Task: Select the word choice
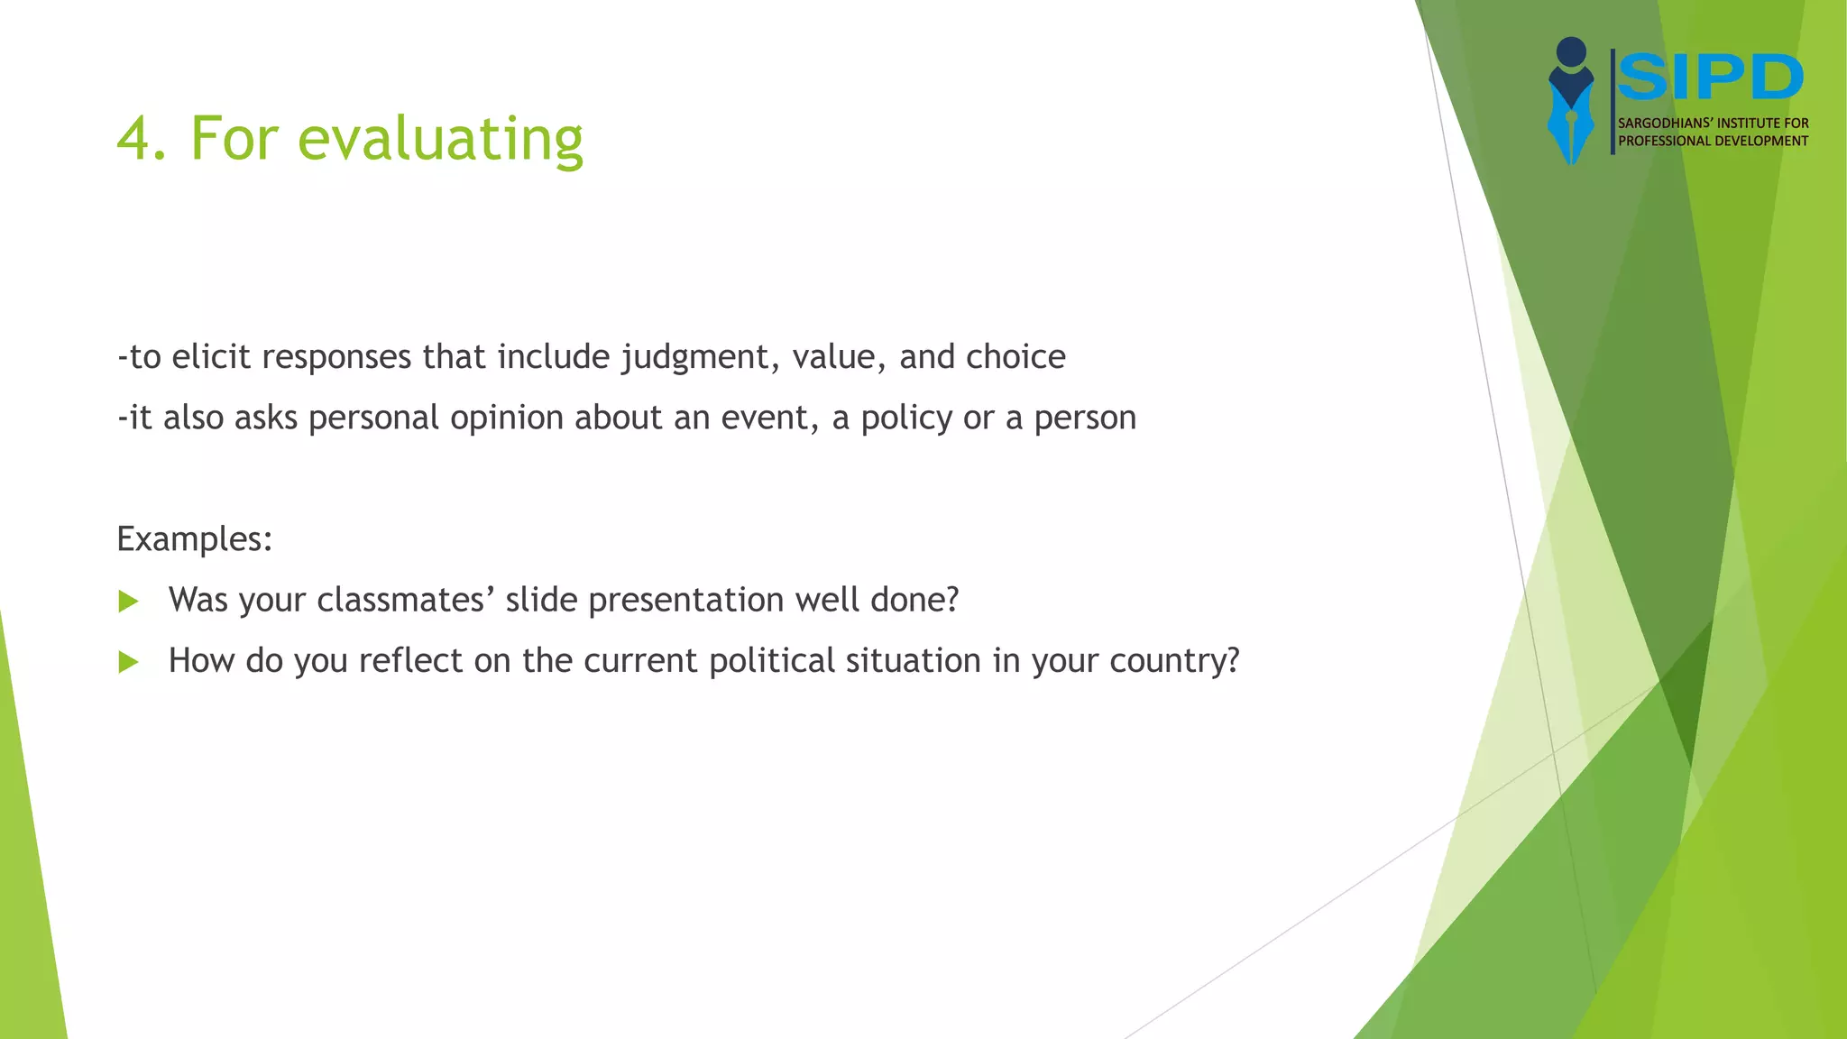pos(1015,357)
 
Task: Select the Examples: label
pos(195,539)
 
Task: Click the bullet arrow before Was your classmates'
pos(129,602)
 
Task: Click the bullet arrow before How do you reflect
pos(129,663)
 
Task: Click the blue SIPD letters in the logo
pos(1710,78)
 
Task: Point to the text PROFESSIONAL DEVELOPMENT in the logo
pos(1713,141)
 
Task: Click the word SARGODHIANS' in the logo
pos(1663,124)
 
